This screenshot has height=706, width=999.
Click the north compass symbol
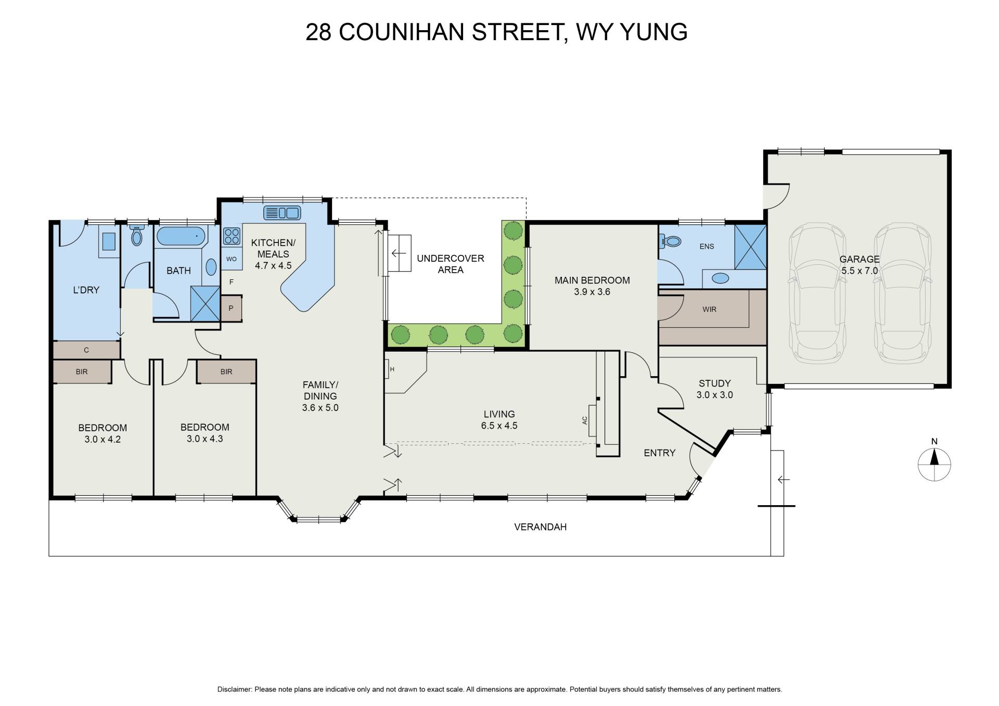pyautogui.click(x=934, y=464)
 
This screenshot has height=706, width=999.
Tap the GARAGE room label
pyautogui.click(x=859, y=259)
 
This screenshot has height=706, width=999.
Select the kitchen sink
pyautogui.click(x=283, y=213)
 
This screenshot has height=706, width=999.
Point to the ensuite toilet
pyautogui.click(x=671, y=241)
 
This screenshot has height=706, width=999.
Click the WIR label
pyautogui.click(x=709, y=310)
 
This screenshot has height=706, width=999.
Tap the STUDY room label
pyautogui.click(x=714, y=383)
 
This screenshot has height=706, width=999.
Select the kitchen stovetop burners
pyautogui.click(x=232, y=236)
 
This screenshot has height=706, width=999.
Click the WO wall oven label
pyautogui.click(x=232, y=259)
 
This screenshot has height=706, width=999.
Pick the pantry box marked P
pyautogui.click(x=231, y=308)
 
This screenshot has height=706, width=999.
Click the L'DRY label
pyautogui.click(x=86, y=290)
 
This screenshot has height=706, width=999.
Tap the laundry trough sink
pyautogui.click(x=109, y=241)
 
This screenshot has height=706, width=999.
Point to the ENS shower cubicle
pyautogui.click(x=750, y=247)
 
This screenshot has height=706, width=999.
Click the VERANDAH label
pyautogui.click(x=540, y=527)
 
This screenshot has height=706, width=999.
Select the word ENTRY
pyautogui.click(x=659, y=453)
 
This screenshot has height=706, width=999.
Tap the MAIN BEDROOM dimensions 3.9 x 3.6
pyautogui.click(x=592, y=292)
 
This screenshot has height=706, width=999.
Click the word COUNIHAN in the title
pyautogui.click(x=401, y=32)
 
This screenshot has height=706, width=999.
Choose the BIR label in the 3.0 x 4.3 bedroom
pyautogui.click(x=226, y=372)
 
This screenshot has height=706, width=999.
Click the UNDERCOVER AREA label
pyautogui.click(x=451, y=264)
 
